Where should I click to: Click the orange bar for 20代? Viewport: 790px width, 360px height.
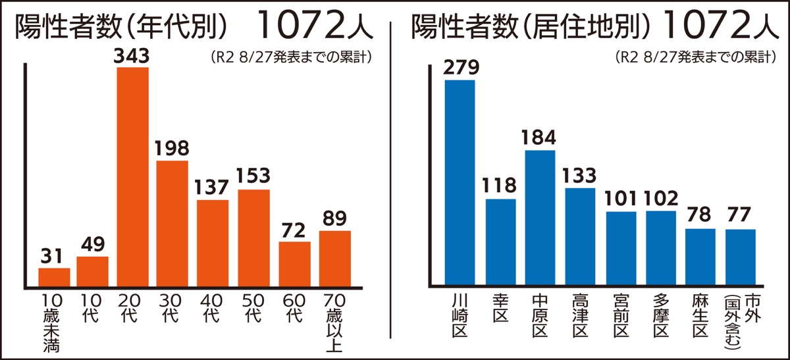point(132,176)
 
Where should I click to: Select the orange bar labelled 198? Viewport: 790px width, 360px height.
point(172,222)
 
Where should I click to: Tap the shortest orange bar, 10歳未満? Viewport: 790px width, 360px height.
point(54,276)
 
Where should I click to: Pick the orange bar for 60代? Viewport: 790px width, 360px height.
point(294,263)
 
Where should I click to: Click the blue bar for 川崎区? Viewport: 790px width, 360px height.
point(460,182)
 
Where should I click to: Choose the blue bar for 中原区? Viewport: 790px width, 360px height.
point(540,218)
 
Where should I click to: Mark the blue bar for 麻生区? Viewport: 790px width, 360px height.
point(700,257)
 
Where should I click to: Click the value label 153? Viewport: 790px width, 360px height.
point(253,178)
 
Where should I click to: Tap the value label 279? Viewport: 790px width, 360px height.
point(461,68)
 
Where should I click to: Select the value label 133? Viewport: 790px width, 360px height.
point(580,176)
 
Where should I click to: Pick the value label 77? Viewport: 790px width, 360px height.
point(741,217)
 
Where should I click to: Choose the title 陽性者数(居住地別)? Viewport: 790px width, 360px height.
point(532,28)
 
